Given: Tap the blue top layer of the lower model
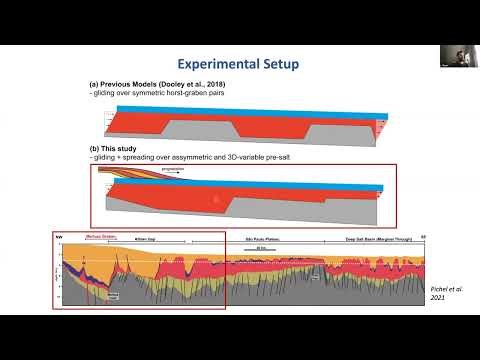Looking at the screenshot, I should pos(280,177).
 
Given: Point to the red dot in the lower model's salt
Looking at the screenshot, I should pos(214,200).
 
